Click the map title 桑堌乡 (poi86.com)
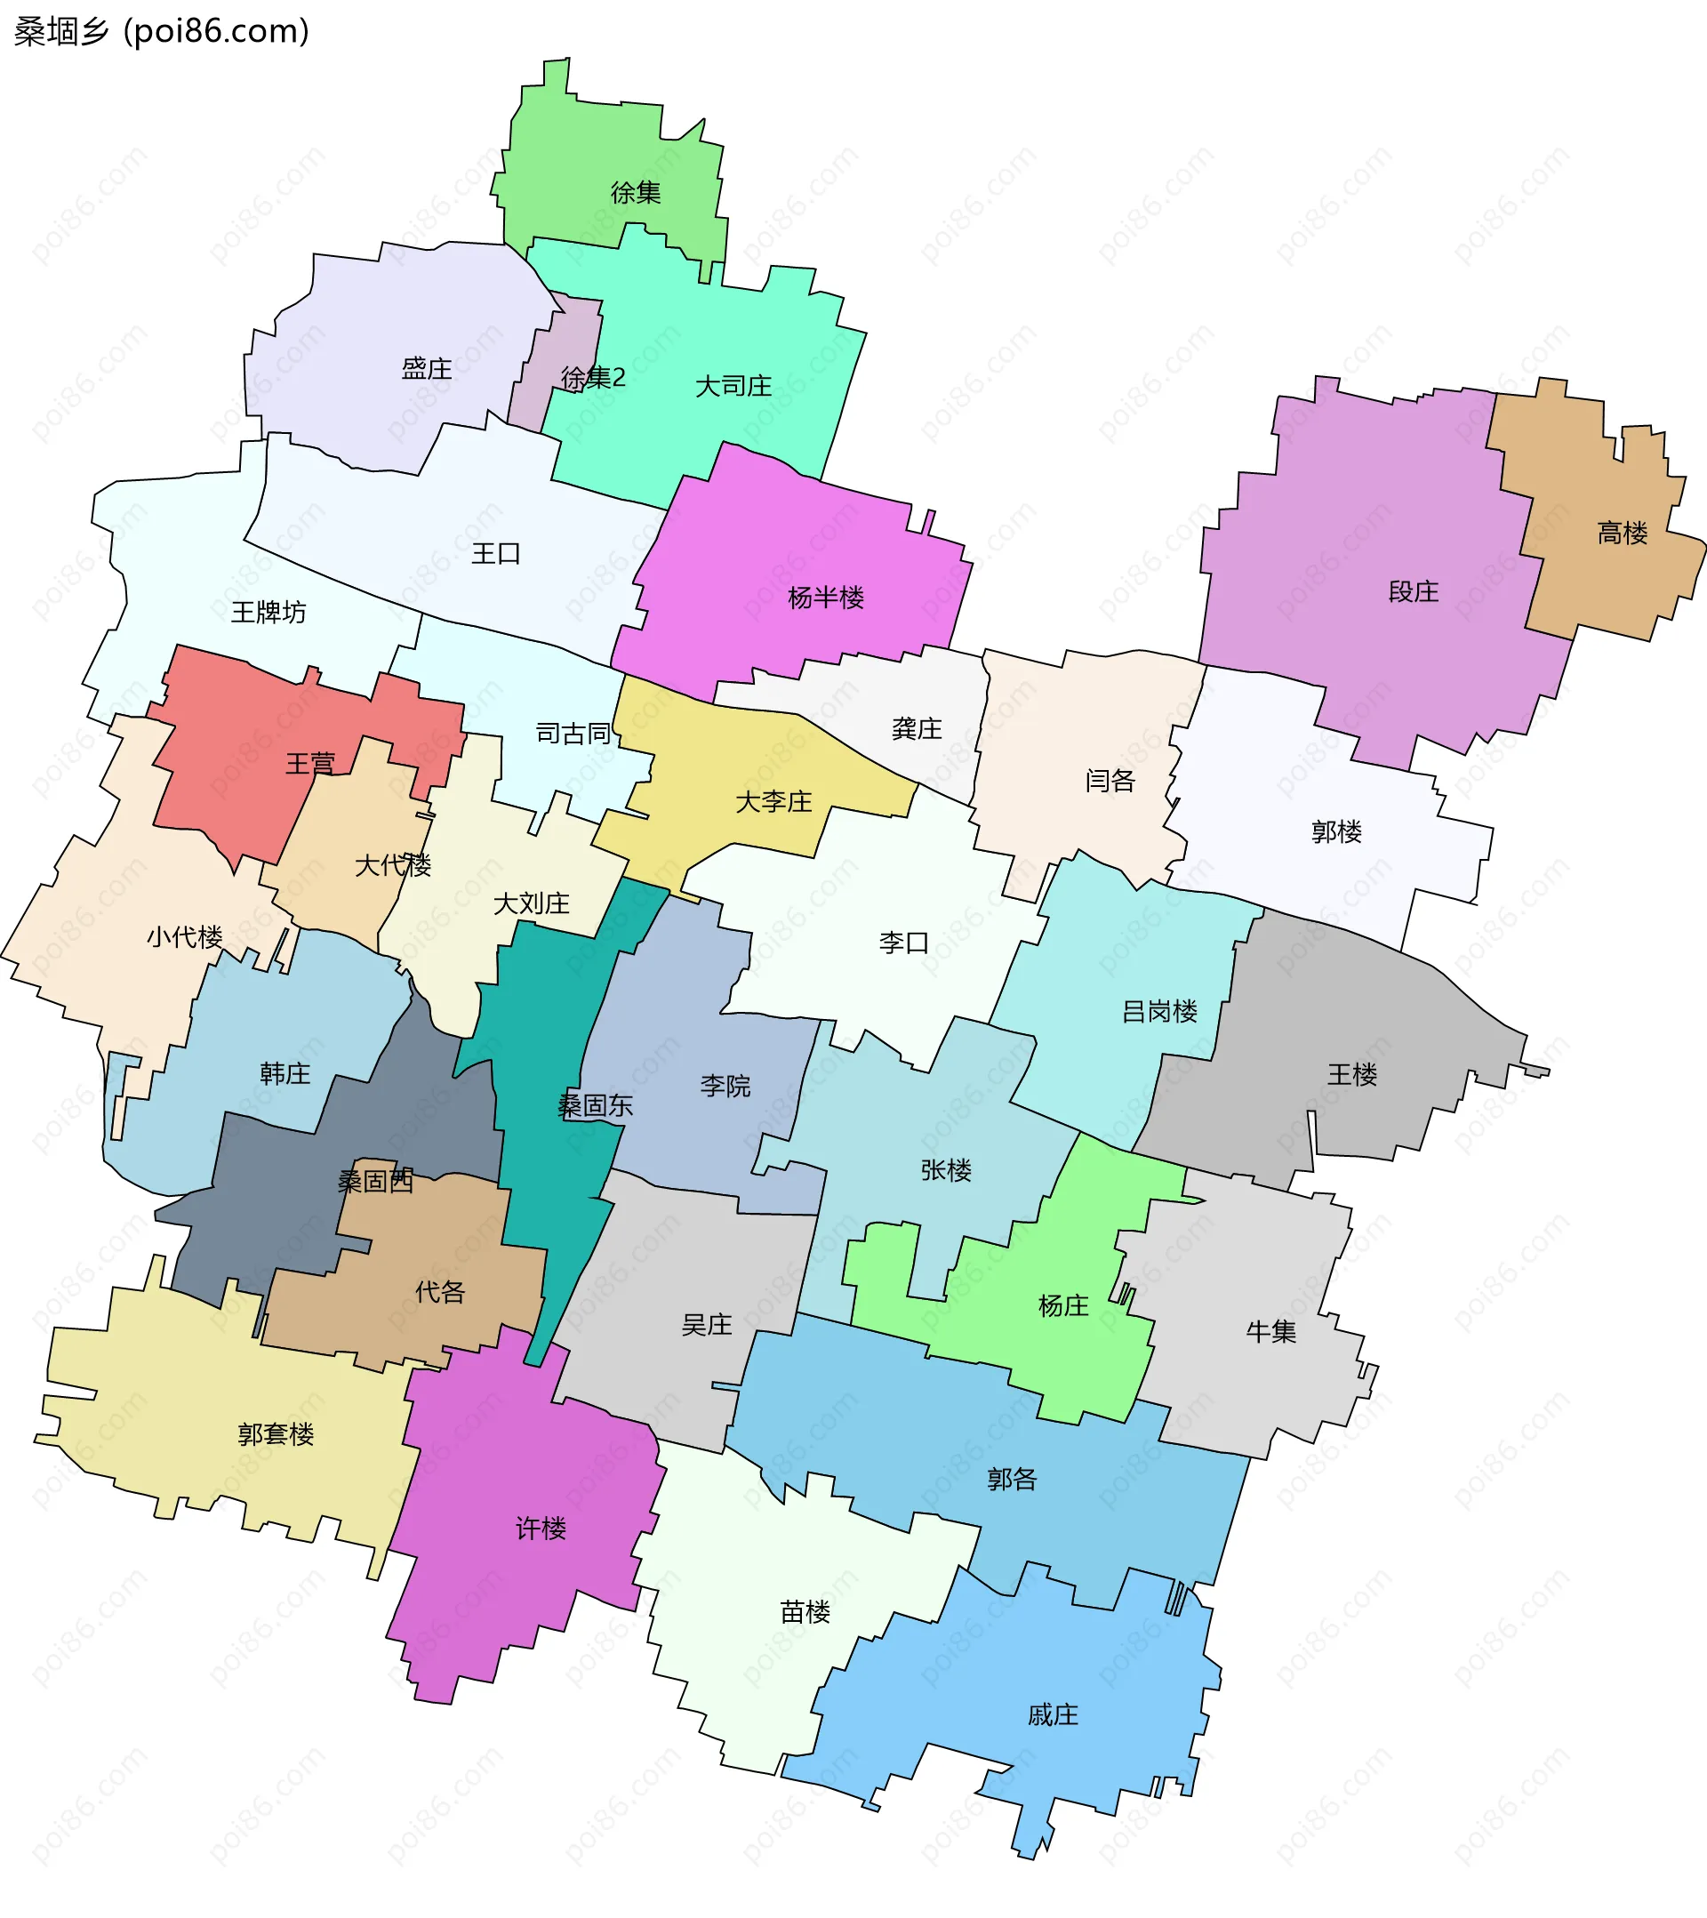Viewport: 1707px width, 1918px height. coord(162,31)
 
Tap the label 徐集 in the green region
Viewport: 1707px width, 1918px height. coord(636,192)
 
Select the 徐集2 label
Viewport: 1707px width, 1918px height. coord(592,377)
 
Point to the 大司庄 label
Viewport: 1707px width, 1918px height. coord(733,386)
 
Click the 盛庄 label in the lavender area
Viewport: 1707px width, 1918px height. coord(426,368)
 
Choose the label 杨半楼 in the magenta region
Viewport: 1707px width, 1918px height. coord(825,597)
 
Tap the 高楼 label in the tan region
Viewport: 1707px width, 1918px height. coord(1622,533)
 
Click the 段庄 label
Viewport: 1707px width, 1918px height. coord(1413,591)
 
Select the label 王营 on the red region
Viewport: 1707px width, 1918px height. coord(309,763)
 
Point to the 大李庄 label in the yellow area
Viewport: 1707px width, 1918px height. coord(773,801)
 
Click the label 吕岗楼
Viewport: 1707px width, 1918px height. coord(1159,1011)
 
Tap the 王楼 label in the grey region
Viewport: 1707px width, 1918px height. coord(1351,1074)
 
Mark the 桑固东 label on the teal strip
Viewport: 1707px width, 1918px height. coord(595,1105)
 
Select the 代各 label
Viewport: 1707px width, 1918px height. coord(439,1292)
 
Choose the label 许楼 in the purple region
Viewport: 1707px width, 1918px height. coord(541,1529)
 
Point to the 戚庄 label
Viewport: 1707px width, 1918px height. coord(1052,1715)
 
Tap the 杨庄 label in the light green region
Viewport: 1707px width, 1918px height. coord(1062,1305)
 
